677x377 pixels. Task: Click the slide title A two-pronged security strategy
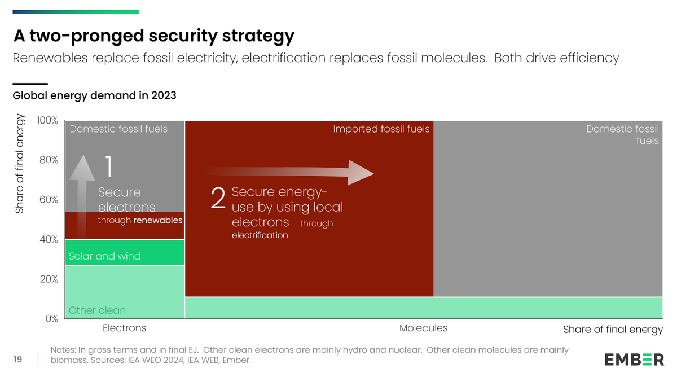tap(153, 36)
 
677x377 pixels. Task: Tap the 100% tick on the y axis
tap(48, 121)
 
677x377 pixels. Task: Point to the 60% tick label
tap(48, 200)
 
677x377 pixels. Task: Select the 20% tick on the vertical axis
tap(48, 279)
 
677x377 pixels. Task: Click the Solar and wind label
tap(104, 256)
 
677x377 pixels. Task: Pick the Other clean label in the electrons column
tap(97, 310)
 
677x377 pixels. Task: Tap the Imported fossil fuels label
tap(381, 129)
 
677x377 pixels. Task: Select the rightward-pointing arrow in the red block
tap(293, 172)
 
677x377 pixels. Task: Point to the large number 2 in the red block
tap(218, 199)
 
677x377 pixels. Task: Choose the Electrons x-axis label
tap(124, 328)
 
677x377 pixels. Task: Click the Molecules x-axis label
tap(423, 328)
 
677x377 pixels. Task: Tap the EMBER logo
tap(634, 360)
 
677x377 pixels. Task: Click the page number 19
tap(17, 360)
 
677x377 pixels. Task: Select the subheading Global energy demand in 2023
tap(94, 95)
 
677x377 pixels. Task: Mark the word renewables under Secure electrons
tap(157, 220)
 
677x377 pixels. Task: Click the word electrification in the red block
tap(260, 235)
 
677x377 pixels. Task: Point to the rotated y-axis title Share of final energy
tap(20, 164)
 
